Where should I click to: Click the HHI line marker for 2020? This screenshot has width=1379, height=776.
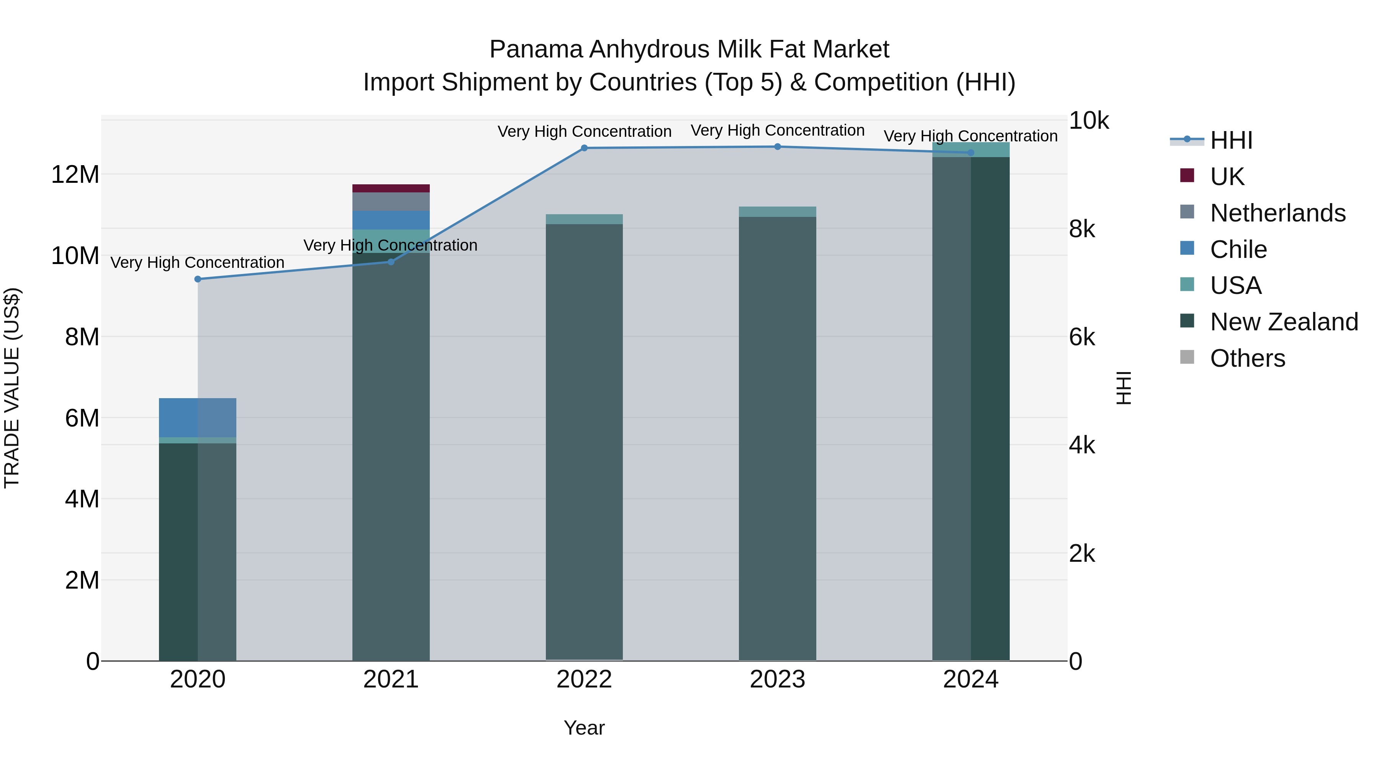198,279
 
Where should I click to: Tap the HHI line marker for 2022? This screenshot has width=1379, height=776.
584,148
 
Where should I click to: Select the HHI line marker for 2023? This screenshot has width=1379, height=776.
777,147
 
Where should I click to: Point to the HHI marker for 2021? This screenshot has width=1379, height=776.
391,262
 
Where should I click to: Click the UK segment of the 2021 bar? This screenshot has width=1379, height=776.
391,188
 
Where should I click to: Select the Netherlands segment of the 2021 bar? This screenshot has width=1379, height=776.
391,201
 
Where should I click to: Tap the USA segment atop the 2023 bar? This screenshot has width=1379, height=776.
777,212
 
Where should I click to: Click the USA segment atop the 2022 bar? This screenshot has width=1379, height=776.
584,219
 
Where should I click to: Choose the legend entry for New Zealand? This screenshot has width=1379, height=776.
1284,322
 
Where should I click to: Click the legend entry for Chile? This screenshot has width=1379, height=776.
1238,249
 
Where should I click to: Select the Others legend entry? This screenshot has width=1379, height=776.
1247,358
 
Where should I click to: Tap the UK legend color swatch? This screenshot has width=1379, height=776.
1187,176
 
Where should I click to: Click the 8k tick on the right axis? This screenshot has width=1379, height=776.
1082,229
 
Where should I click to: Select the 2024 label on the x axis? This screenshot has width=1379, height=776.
971,679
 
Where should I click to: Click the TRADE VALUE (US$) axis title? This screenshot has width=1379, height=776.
12,388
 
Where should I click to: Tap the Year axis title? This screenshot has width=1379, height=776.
584,728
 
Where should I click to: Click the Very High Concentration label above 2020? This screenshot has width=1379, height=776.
198,262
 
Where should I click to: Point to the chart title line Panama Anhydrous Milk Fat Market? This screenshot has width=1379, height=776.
689,49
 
